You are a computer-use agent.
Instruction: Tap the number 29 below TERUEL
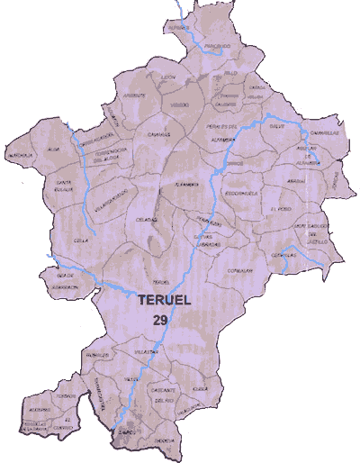coord(160,319)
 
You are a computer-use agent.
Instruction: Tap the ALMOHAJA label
coord(21,154)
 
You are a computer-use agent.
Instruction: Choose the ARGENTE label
coord(134,95)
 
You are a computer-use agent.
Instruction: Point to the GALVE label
coord(276,127)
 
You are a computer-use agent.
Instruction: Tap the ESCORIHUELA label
coord(243,192)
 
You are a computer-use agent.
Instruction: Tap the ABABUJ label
coord(296,181)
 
